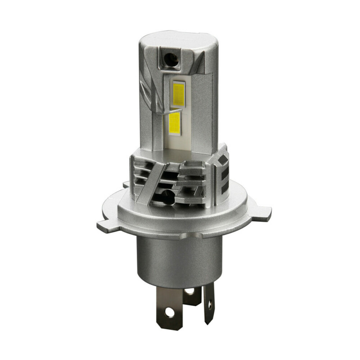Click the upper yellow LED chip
coord(179,94)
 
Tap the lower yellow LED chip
coord(175,122)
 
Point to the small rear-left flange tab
coord(126,184)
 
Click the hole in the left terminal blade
coord(169,311)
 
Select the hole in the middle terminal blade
coord(190,292)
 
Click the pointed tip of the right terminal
coord(209,322)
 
